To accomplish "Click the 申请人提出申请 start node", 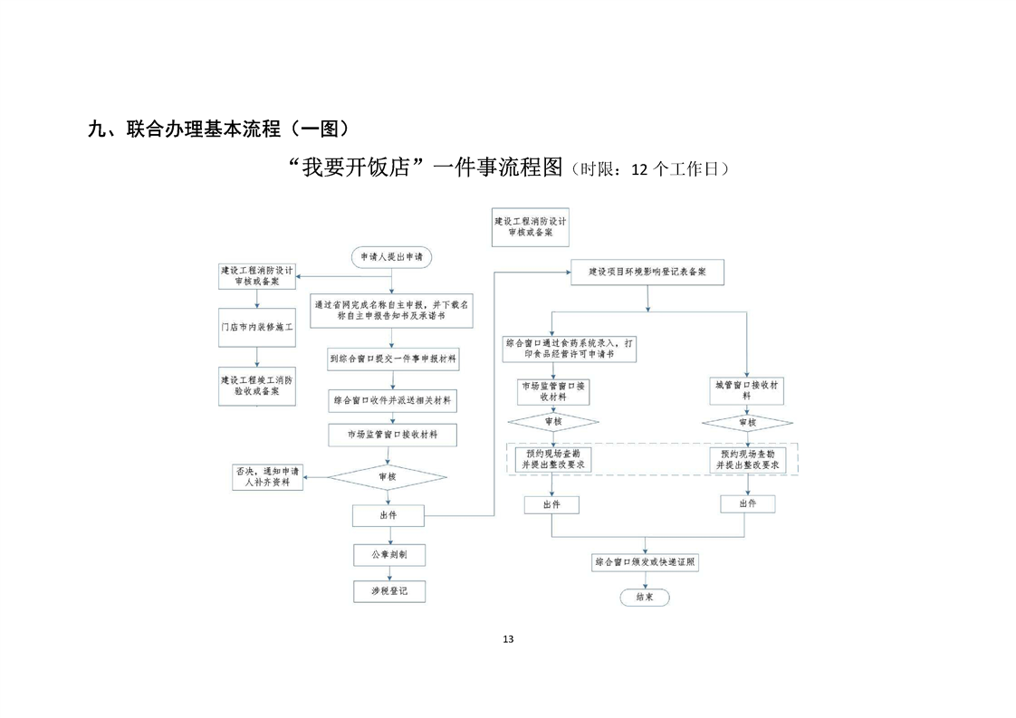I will click(391, 257).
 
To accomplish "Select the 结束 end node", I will click(645, 598).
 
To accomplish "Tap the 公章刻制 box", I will click(389, 554).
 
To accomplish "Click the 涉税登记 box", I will click(389, 591).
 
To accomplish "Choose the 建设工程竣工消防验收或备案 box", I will click(258, 386).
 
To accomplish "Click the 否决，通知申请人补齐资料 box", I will click(267, 477).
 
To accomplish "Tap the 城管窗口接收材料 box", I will click(746, 390).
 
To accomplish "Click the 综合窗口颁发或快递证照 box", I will click(645, 562).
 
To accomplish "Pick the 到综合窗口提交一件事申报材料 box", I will click(392, 359).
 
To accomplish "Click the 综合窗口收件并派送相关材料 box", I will click(392, 399).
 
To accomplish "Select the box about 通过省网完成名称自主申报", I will click(392, 311).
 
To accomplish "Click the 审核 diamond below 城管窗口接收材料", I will click(746, 423).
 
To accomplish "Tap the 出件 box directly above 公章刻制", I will click(388, 515).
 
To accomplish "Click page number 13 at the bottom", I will click(507, 639).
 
